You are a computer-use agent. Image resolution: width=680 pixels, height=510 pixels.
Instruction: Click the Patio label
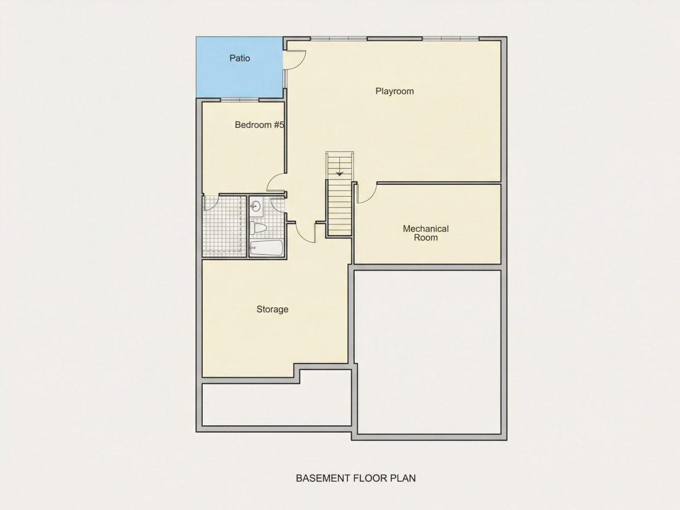[239, 58]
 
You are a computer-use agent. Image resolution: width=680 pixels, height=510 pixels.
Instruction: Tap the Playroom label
[394, 91]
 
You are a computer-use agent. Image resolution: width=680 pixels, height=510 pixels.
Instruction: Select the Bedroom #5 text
[260, 125]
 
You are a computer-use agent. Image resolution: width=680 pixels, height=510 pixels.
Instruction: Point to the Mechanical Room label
[426, 233]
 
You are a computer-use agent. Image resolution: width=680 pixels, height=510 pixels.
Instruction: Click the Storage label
[273, 309]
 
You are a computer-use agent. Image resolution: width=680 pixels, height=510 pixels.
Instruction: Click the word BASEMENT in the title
[323, 478]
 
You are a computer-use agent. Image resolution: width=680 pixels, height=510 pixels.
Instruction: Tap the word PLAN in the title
[403, 478]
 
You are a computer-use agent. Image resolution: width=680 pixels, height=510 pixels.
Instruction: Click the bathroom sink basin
[256, 206]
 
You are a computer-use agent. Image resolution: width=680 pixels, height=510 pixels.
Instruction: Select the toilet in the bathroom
[258, 227]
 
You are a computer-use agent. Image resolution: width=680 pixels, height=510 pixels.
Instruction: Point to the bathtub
[266, 248]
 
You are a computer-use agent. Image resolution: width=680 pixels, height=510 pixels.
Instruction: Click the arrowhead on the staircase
[339, 174]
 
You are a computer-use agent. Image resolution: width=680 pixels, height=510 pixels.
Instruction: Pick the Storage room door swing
[306, 233]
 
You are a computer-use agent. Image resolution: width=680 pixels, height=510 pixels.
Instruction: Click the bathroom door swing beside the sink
[277, 205]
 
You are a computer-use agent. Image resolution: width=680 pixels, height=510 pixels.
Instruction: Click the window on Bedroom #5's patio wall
[240, 100]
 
